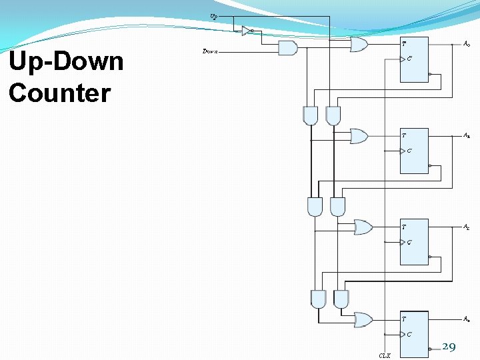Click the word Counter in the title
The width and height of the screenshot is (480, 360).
click(x=59, y=93)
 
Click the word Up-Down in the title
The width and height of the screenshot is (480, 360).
click(x=66, y=62)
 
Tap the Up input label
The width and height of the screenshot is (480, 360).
click(x=213, y=15)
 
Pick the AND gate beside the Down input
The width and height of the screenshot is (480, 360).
click(x=287, y=47)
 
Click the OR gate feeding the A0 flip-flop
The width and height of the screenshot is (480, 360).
click(x=358, y=45)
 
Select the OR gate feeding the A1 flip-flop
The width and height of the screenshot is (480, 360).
click(x=359, y=136)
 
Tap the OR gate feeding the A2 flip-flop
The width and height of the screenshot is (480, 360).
click(x=363, y=227)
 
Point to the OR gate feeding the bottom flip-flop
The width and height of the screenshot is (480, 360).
click(x=363, y=319)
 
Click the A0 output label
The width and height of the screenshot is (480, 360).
click(x=467, y=44)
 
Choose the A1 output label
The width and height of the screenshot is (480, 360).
click(x=467, y=135)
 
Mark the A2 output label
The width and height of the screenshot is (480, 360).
click(x=467, y=227)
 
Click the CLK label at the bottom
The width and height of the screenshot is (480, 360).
click(x=385, y=356)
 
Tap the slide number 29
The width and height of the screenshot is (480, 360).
click(x=449, y=346)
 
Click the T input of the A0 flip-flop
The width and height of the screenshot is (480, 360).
click(x=404, y=44)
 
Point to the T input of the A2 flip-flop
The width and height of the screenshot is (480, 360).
click(x=404, y=227)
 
